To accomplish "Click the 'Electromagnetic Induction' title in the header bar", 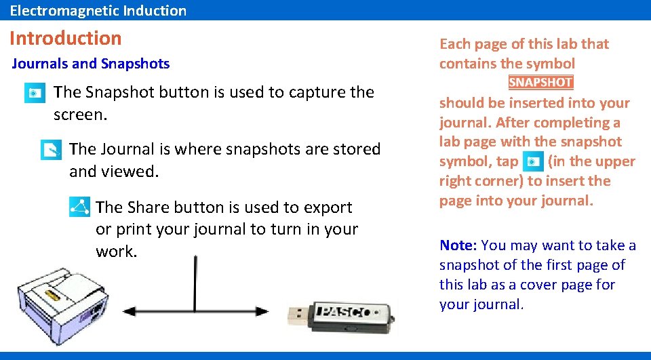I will [x=98, y=10].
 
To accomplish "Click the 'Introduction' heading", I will [x=66, y=38].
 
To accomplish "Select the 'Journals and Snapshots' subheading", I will [x=91, y=64].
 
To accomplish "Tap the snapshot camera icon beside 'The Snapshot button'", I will [x=35, y=93].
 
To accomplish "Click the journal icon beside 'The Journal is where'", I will [x=51, y=150].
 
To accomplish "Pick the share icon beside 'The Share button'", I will [x=79, y=207].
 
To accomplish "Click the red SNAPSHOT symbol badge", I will [x=540, y=83].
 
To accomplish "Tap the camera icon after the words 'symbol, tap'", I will [x=534, y=162].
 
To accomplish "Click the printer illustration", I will [x=60, y=301].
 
